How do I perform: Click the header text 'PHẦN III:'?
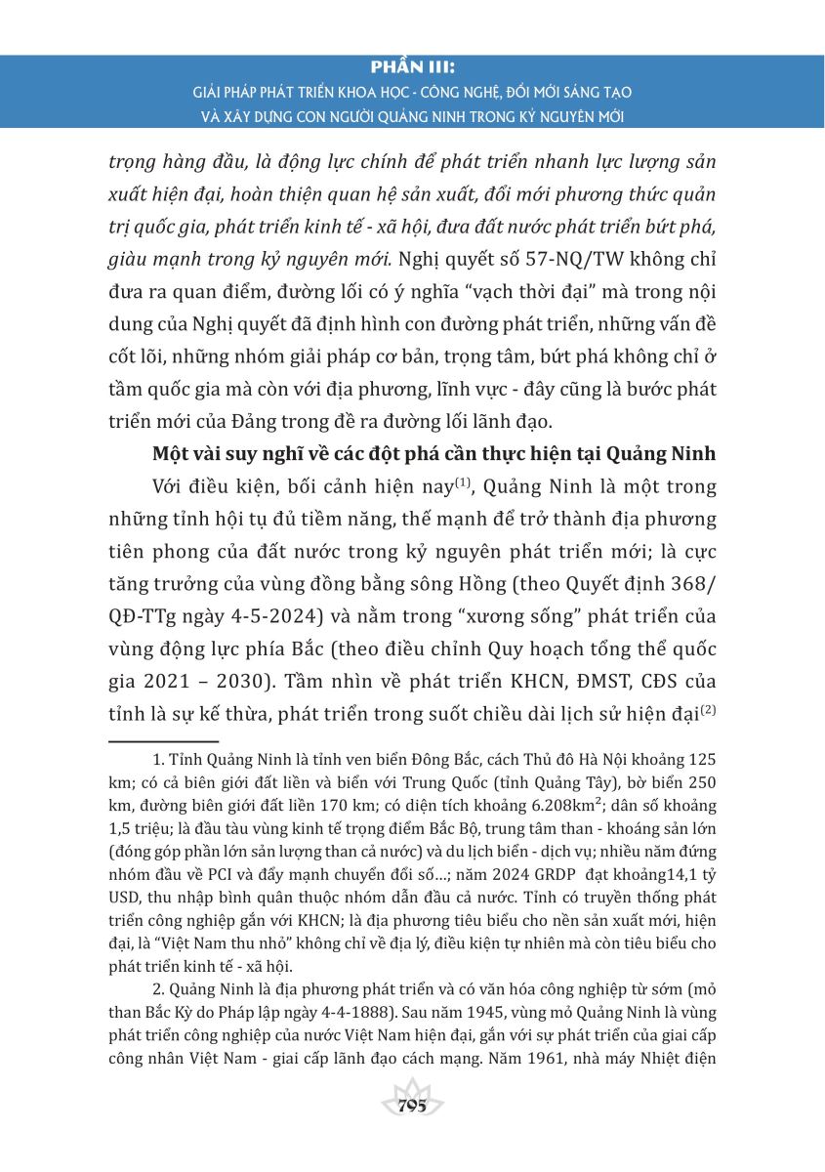412,71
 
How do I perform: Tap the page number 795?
412,1106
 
